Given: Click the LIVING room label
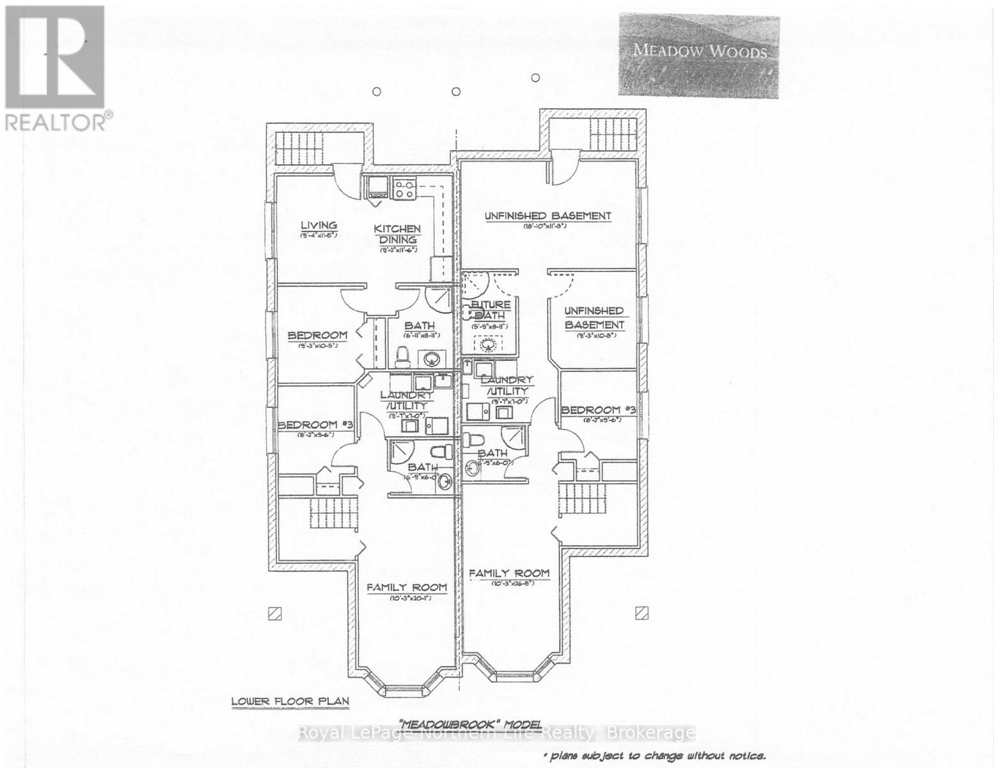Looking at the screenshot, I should pos(319,225).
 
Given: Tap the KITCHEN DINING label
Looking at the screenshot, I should pos(397,234).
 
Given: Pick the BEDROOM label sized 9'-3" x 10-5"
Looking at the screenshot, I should pos(317,335).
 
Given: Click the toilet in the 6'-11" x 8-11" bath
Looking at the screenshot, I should pos(403,354).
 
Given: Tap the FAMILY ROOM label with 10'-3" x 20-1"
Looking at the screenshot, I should pos(406,588).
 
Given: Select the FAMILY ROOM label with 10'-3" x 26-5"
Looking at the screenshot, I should pos(509,573).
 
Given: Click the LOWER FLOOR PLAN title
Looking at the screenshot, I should pos(290,701).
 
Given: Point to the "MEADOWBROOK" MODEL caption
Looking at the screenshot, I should pos(469,723).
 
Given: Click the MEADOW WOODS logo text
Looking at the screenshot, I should pos(700,51).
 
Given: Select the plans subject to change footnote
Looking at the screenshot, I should pos(654,756).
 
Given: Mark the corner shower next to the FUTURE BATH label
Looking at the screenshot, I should pos(475,284).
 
